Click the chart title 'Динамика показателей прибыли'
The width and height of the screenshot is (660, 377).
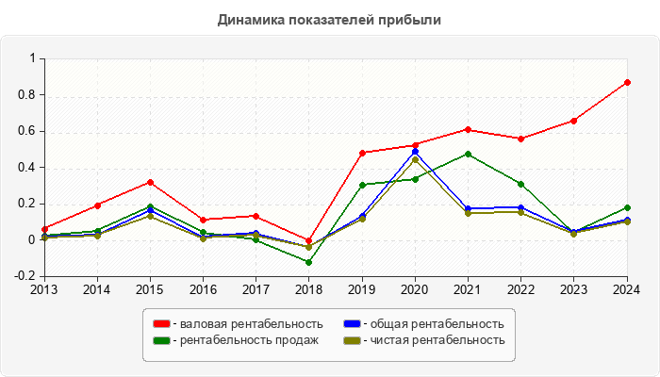point(329,19)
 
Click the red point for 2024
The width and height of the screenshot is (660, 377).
point(627,82)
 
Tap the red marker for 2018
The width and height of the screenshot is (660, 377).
point(309,240)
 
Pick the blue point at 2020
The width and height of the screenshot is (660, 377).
point(415,152)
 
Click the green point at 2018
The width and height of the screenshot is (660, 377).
point(309,262)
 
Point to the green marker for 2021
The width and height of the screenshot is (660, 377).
point(468,154)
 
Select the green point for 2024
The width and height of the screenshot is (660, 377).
point(627,207)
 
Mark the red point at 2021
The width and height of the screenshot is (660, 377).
point(468,129)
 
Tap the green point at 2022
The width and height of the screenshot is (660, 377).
point(520,184)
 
